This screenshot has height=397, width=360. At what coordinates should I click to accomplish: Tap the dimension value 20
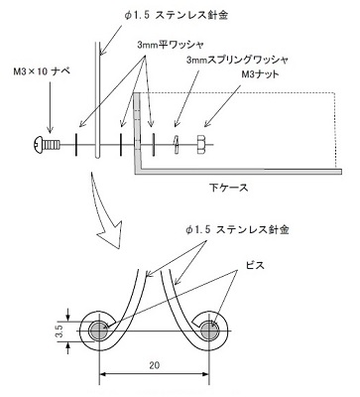[x=155, y=364]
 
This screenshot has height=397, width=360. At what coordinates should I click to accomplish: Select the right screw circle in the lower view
[x=211, y=329]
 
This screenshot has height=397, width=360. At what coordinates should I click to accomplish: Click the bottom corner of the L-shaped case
[x=140, y=170]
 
